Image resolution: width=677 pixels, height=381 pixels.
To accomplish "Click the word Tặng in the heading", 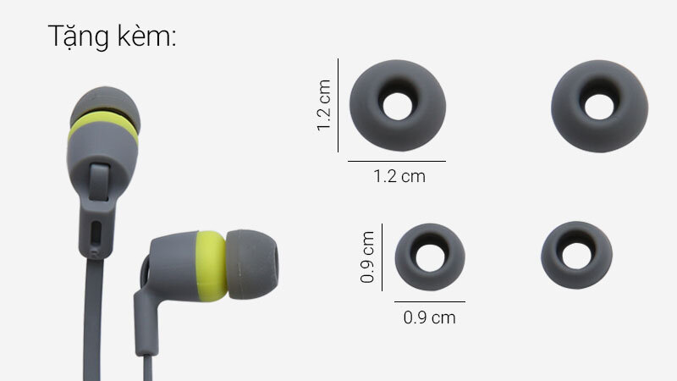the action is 78,36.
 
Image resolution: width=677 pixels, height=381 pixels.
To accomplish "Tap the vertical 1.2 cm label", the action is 324,105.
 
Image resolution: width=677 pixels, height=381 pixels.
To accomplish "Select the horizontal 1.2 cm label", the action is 399,176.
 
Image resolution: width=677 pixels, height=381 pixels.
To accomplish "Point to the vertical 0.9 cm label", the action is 367,257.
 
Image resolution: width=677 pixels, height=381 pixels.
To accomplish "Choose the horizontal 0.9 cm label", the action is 430,317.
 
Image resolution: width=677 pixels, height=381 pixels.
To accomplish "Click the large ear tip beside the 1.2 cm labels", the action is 398,105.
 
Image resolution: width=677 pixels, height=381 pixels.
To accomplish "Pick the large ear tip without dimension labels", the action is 599,106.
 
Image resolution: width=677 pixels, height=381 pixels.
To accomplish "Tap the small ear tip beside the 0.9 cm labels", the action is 430,257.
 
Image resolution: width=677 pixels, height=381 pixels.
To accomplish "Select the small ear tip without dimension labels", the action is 576,255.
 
